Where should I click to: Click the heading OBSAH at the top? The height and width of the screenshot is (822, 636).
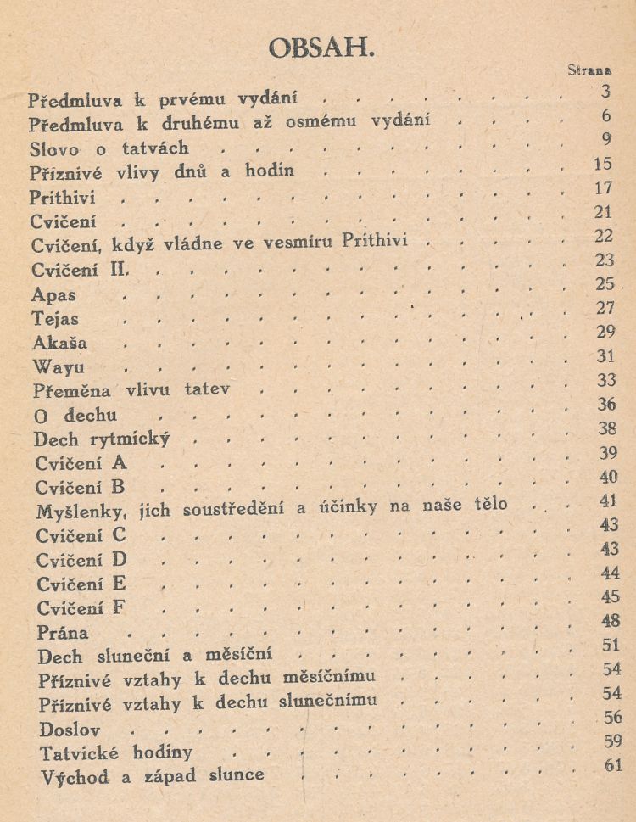click(321, 48)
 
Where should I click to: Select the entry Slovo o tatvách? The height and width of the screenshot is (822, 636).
click(108, 148)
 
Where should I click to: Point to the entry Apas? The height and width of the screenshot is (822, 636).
click(53, 296)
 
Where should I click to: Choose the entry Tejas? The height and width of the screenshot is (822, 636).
click(56, 320)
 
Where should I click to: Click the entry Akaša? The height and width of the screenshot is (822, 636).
click(59, 344)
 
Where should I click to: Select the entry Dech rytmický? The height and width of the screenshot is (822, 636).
click(102, 439)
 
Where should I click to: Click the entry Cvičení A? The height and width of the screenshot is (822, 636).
click(81, 463)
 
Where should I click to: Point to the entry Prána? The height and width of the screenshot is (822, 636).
click(63, 633)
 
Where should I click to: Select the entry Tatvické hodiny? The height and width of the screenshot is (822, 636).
click(115, 752)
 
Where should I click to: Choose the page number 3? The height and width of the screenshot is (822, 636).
click(605, 92)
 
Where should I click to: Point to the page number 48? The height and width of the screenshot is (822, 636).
click(610, 620)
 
